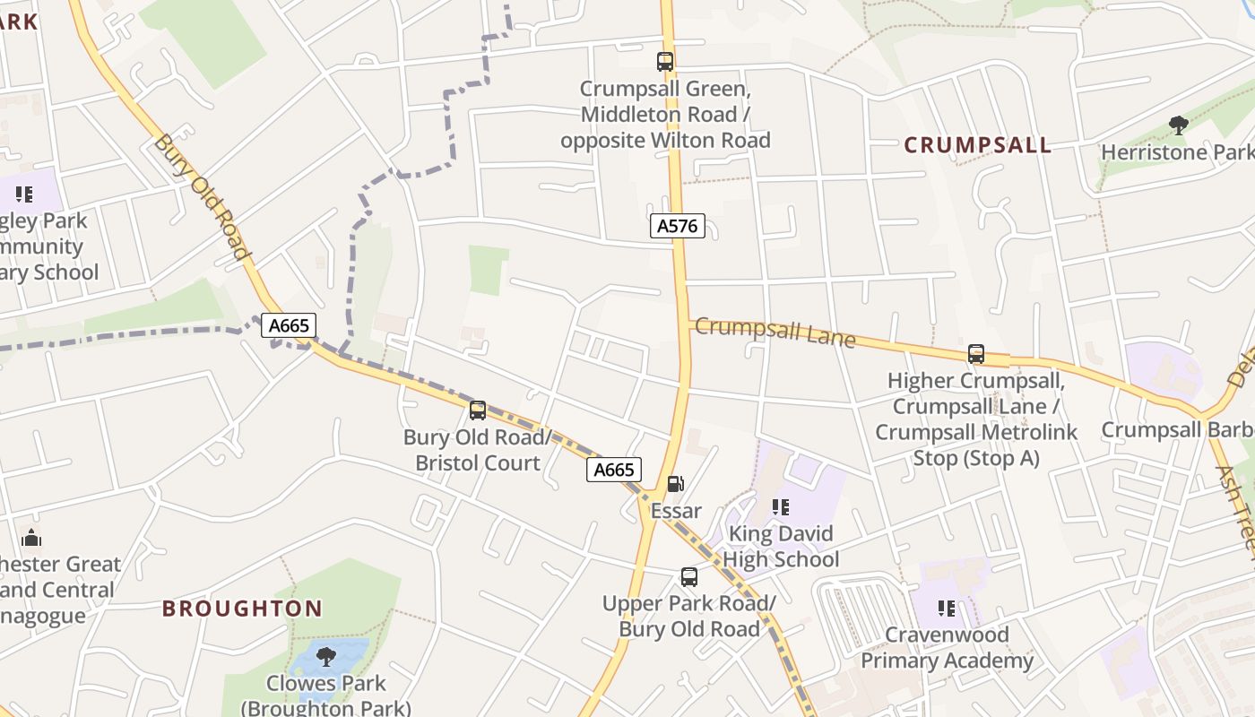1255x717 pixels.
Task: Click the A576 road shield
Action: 677,226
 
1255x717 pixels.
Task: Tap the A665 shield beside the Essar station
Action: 614,470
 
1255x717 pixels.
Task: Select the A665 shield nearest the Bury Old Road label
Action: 290,325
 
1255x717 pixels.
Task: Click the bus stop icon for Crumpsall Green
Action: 664,62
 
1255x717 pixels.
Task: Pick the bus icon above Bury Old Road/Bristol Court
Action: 478,410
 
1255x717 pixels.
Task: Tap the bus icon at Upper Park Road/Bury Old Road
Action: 688,577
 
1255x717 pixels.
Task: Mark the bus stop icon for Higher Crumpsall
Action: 976,354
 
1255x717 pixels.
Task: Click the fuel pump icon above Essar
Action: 675,484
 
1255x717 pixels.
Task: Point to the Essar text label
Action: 676,512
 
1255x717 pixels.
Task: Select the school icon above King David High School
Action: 781,507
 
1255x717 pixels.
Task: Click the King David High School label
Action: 781,547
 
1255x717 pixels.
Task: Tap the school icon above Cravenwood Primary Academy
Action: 946,609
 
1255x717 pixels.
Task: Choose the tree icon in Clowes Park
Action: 326,656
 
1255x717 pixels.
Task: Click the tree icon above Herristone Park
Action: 1178,125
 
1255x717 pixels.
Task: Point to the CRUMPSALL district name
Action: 977,145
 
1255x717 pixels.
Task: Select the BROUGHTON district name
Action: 242,609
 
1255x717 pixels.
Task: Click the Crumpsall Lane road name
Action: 775,332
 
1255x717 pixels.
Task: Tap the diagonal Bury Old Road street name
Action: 201,196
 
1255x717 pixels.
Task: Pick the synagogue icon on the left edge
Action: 31,538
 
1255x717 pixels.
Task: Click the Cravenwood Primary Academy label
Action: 947,648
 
